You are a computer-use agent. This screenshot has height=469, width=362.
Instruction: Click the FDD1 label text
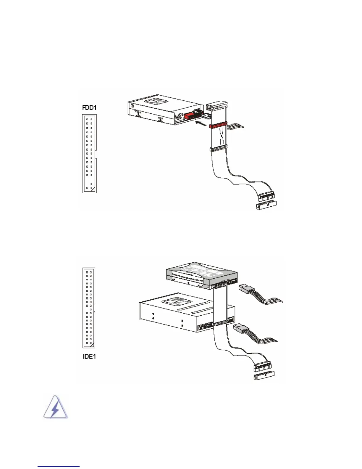[89, 107]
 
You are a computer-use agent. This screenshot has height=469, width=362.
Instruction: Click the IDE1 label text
[89, 356]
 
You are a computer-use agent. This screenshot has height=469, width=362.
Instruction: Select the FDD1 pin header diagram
[89, 154]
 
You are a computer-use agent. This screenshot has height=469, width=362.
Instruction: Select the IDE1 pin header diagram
[89, 308]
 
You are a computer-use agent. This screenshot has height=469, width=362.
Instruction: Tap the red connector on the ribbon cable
[218, 126]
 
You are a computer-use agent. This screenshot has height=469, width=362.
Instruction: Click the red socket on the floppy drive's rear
[189, 116]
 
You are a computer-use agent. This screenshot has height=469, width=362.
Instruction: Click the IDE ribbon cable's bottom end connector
[262, 367]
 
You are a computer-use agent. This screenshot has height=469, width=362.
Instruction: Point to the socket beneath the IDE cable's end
[264, 376]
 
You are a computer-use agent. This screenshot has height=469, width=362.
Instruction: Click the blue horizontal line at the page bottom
[59, 466]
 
